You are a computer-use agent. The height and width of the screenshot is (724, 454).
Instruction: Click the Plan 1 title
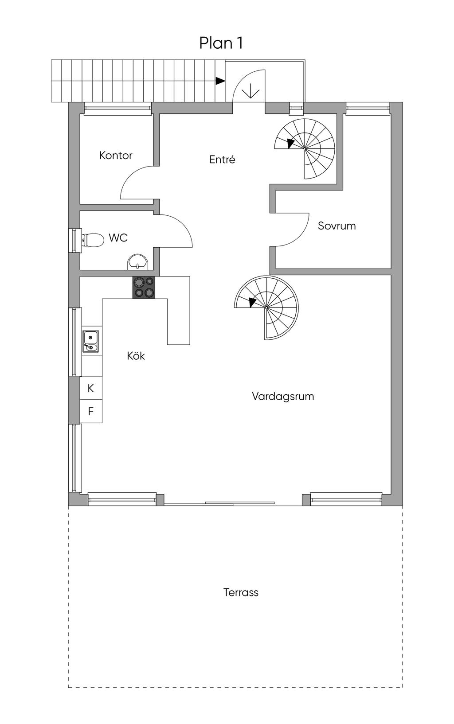tap(221, 43)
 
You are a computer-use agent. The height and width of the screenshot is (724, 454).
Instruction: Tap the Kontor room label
tap(116, 156)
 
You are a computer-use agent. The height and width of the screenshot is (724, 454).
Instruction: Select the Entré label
tap(222, 160)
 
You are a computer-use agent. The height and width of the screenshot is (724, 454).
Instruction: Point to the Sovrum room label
tap(337, 226)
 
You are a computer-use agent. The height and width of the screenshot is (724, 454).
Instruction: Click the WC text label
tap(118, 238)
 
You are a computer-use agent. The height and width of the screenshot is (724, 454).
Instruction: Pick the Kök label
tap(136, 356)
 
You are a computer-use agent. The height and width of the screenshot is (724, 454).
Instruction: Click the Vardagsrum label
tap(283, 396)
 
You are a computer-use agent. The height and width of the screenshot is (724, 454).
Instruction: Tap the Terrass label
tap(241, 592)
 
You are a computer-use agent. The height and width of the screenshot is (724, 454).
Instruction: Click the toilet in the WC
tap(91, 240)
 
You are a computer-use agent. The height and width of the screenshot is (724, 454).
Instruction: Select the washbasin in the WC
tap(137, 262)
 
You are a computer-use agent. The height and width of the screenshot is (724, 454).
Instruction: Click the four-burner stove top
tap(144, 287)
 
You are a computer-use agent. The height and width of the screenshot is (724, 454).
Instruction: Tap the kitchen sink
tap(90, 342)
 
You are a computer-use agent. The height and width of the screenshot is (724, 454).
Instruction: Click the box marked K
tap(91, 388)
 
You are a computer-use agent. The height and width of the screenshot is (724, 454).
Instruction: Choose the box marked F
tap(91, 411)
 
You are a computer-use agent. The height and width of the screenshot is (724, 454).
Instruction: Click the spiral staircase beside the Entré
tap(305, 148)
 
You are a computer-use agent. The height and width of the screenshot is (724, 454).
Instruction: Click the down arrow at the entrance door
tap(251, 91)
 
